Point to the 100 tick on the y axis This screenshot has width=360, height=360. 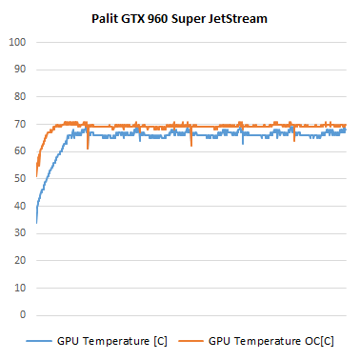16,43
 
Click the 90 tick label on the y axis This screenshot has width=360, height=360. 19,70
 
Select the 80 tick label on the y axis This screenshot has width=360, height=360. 19,97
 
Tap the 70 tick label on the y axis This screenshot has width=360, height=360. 19,125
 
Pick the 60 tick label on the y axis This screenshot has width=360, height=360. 19,151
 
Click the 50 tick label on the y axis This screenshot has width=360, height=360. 19,179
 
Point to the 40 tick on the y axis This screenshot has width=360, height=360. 19,206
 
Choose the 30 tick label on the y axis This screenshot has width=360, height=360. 19,233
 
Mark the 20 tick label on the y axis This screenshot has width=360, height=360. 19,260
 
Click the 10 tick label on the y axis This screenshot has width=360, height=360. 19,288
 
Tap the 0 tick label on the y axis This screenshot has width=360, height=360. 23,315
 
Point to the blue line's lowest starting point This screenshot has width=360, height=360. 36,222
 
